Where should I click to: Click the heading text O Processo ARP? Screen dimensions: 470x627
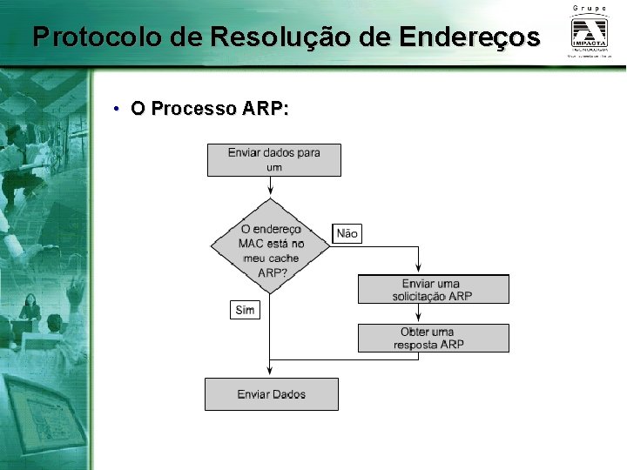tap(209, 109)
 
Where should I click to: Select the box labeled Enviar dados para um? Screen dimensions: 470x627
tap(273, 160)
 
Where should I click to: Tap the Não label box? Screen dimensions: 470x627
tap(347, 233)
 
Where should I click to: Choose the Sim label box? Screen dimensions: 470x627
tap(245, 309)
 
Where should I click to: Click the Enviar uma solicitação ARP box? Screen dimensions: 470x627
tap(433, 289)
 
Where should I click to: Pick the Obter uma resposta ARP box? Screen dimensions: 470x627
tap(433, 338)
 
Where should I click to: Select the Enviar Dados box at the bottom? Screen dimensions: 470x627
tap(271, 394)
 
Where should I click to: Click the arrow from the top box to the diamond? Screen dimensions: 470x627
tap(271, 185)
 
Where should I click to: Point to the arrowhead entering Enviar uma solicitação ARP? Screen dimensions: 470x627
tap(420, 270)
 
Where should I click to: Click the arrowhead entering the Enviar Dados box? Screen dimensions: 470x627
tap(271, 373)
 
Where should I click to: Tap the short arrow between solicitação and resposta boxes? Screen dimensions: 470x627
tap(420, 314)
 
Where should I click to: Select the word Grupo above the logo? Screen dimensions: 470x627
tap(590, 8)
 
